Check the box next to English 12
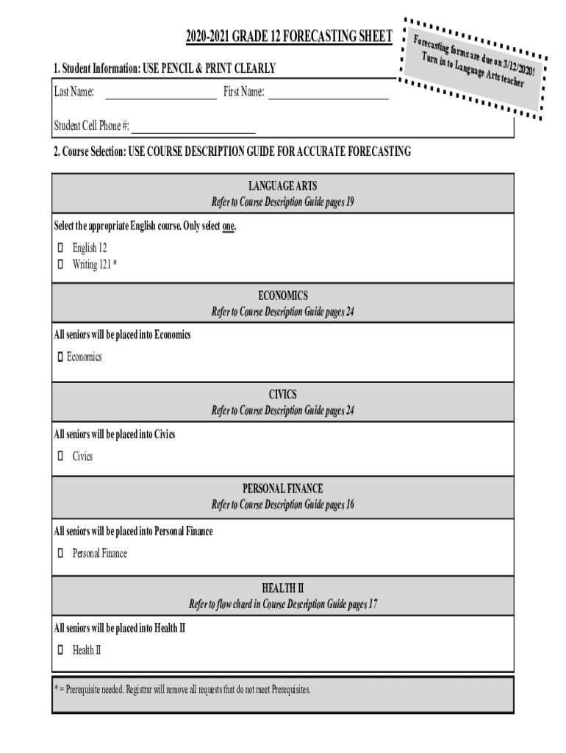(60, 249)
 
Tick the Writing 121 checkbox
(60, 264)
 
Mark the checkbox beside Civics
(60, 457)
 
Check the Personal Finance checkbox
(60, 553)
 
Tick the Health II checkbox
(60, 650)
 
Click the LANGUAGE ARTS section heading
(283, 186)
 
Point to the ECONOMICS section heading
(283, 296)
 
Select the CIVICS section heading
(283, 395)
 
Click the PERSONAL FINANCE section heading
(283, 488)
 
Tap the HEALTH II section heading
(283, 588)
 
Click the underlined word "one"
(229, 226)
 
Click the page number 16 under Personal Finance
(348, 504)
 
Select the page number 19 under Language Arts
(349, 202)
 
